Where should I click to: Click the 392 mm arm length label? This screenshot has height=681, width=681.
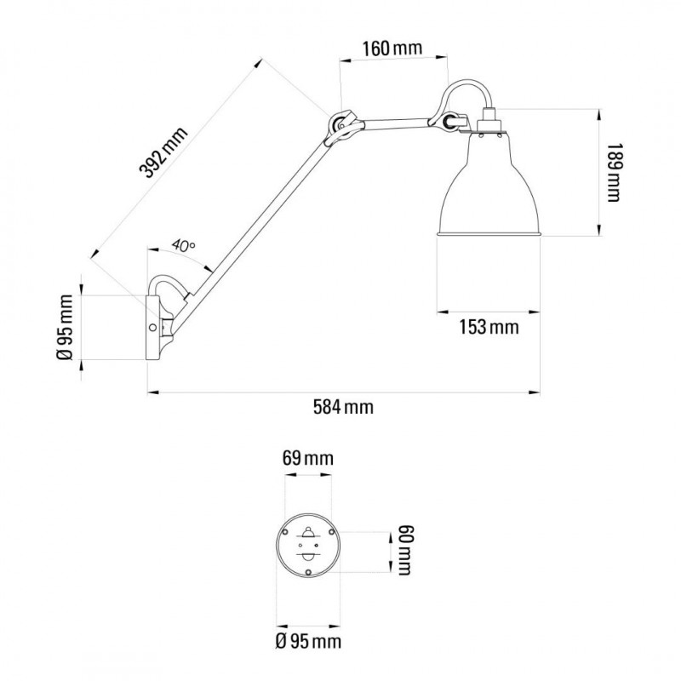163,152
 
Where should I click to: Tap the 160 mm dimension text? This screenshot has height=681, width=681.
392,49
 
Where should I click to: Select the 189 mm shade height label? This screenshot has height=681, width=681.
613,173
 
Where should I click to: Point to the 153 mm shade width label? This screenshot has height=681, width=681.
489,327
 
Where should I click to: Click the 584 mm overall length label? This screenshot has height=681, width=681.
343,408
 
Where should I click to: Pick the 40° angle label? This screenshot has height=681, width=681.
183,245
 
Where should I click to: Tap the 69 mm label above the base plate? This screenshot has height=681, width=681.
308,458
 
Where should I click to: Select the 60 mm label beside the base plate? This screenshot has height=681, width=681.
403,550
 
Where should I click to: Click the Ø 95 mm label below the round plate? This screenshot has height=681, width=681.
308,641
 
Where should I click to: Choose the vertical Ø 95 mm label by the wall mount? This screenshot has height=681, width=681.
66,327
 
